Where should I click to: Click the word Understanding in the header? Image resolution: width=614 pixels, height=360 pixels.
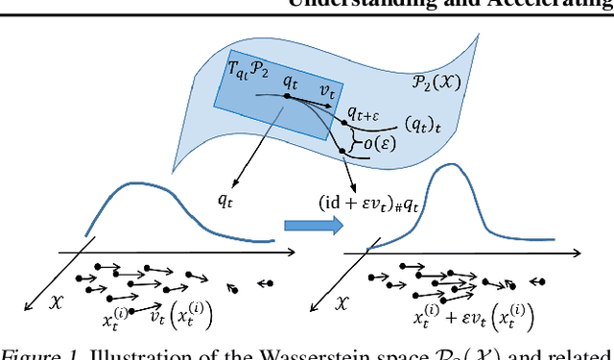click(x=396, y=4)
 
